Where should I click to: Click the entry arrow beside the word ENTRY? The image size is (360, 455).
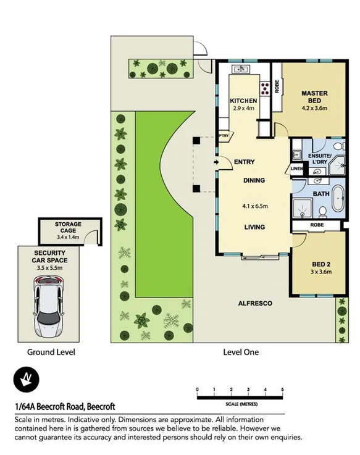tap(216, 162)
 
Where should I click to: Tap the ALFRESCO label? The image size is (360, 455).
tap(255, 304)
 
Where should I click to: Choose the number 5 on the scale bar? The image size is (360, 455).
tap(282, 390)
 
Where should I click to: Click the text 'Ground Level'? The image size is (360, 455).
tap(51, 353)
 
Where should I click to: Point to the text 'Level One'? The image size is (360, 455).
tap(240, 353)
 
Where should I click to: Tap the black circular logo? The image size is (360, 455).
tap(26, 378)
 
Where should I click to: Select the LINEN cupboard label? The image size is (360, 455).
tap(296, 169)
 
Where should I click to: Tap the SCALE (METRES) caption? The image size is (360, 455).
tap(240, 403)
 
